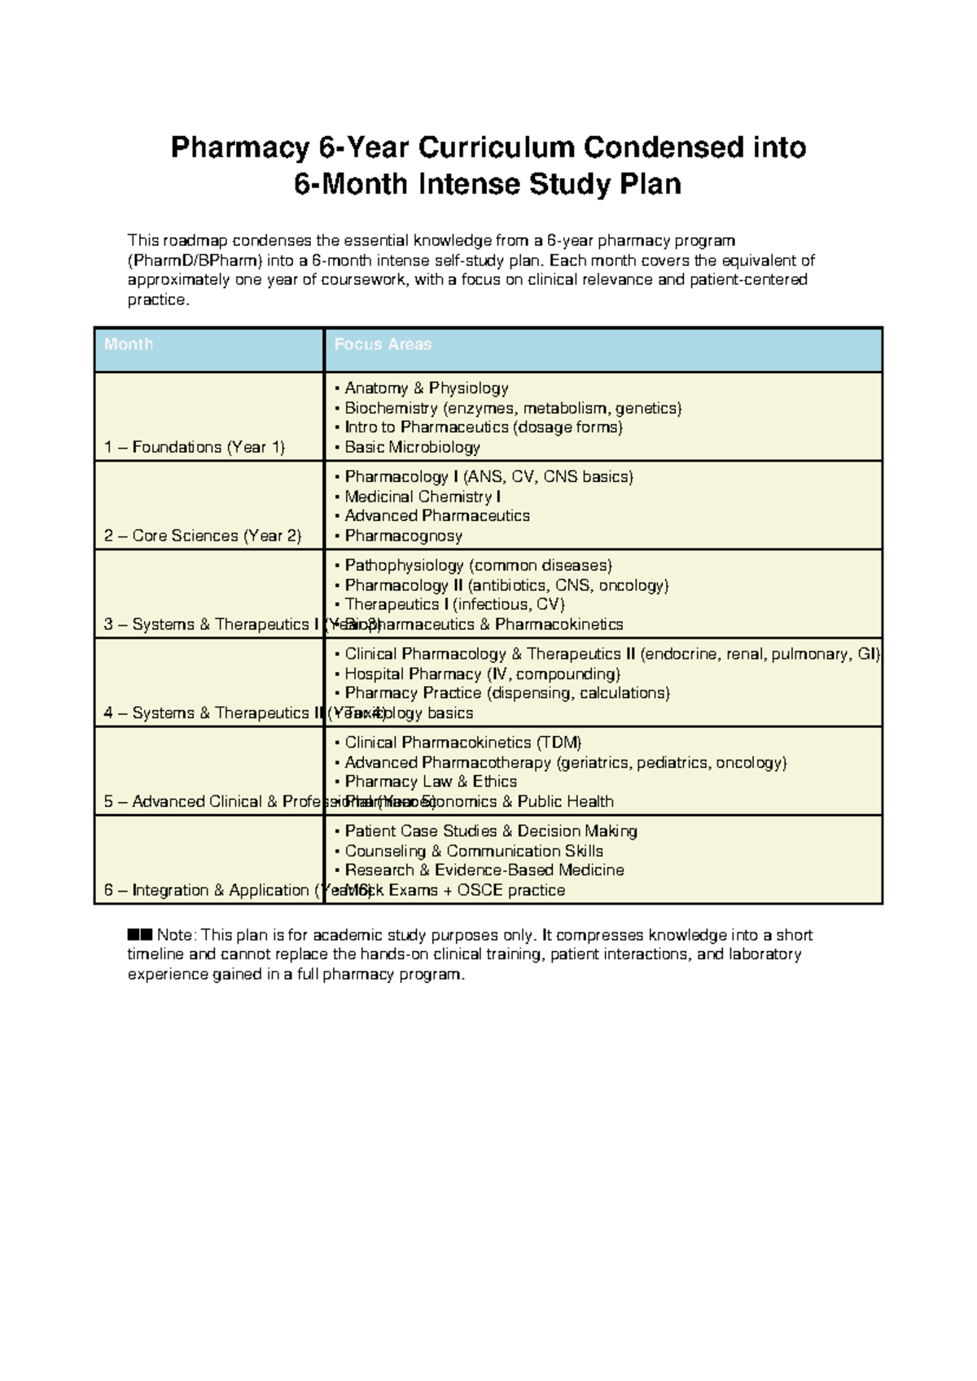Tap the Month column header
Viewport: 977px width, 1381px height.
point(129,344)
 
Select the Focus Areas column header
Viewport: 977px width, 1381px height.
point(383,344)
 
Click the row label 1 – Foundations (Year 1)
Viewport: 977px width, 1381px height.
point(195,447)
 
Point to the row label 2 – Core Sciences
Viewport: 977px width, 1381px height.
point(203,536)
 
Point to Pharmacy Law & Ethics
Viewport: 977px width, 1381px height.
point(430,782)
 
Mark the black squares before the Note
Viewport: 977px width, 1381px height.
point(140,935)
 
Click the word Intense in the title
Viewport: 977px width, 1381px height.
point(469,184)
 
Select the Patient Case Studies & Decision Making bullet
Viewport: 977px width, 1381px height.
point(490,831)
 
